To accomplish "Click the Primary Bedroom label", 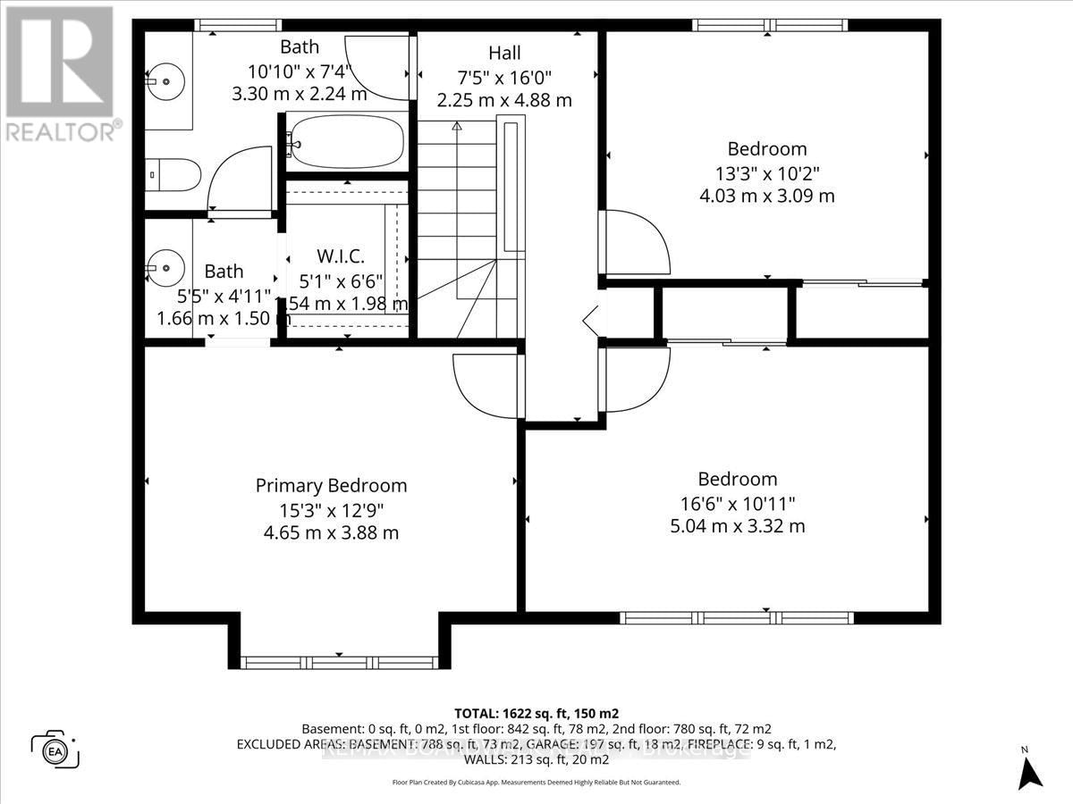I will tap(331, 486).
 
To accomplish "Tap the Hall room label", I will tap(504, 54).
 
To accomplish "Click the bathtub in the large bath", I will tap(347, 142).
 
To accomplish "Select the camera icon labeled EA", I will tap(55, 749).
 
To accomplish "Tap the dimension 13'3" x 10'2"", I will tap(766, 172).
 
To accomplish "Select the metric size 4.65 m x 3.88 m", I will tap(331, 533).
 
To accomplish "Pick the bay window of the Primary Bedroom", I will tap(339, 662).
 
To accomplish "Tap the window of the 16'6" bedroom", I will tap(737, 617).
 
